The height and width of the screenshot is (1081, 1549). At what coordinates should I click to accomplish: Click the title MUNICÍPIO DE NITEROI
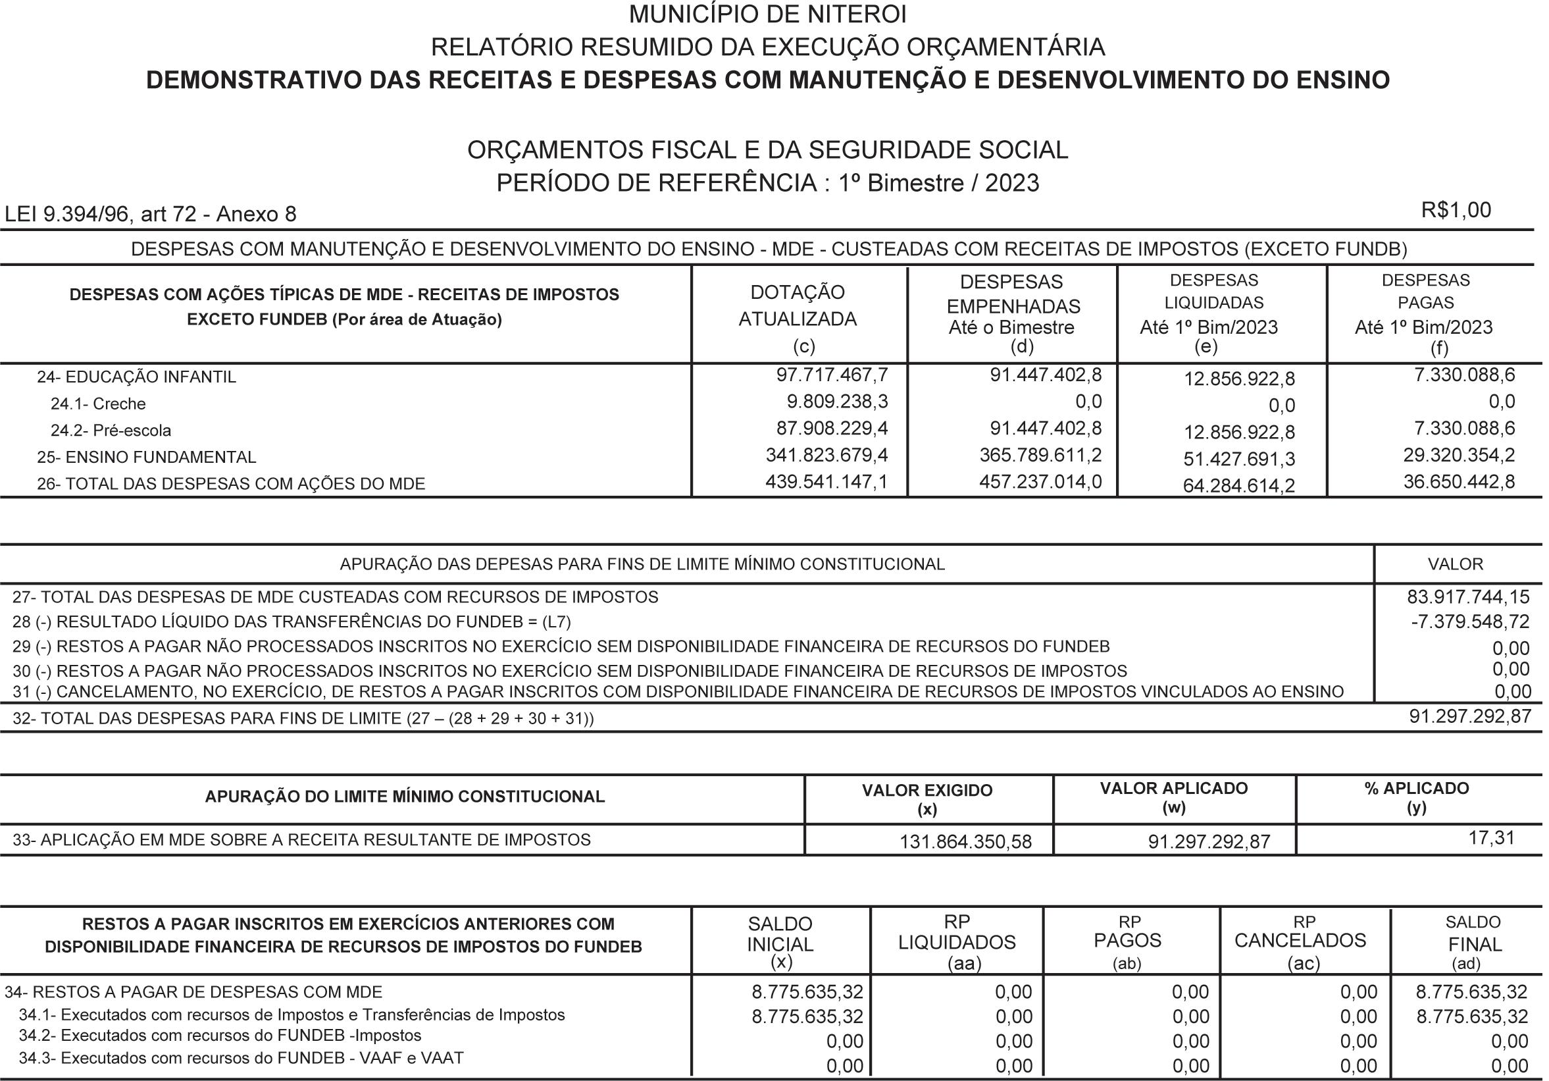click(768, 14)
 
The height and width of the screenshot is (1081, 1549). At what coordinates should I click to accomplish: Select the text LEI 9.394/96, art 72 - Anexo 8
click(151, 215)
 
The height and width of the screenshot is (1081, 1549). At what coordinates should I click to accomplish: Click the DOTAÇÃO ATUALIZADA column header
click(798, 305)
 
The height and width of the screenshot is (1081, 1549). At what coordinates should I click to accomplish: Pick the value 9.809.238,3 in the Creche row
click(837, 402)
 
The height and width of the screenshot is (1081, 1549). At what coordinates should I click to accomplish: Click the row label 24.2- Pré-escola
click(111, 431)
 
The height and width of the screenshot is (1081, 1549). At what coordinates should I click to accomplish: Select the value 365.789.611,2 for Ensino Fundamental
click(1040, 456)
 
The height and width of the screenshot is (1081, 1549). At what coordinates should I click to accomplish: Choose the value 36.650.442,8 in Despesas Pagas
click(1459, 482)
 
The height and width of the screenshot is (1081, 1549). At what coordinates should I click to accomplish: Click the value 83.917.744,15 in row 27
click(1468, 597)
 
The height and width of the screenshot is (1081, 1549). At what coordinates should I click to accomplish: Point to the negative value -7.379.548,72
click(1470, 622)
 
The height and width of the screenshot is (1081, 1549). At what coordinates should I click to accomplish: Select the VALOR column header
click(1455, 564)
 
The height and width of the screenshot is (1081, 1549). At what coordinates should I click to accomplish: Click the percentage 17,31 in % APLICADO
click(1491, 838)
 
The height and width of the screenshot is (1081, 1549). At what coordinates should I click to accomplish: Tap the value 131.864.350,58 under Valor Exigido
click(965, 842)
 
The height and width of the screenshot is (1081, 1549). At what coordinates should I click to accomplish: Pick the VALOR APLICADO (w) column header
click(1174, 798)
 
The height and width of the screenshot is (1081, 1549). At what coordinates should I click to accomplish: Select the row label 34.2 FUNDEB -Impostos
click(220, 1036)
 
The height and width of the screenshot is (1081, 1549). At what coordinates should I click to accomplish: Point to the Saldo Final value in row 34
click(1471, 992)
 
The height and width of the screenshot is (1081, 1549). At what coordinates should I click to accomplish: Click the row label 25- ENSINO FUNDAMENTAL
click(146, 458)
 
